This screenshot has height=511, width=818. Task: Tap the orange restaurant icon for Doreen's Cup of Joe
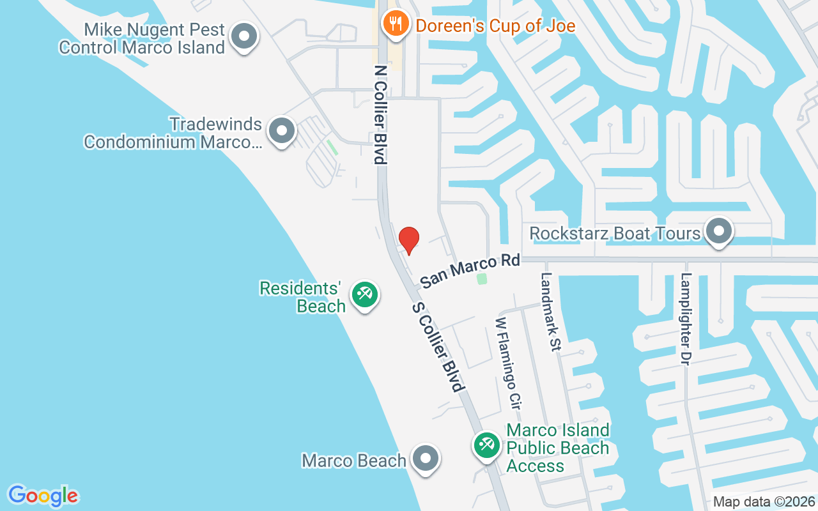tap(396, 25)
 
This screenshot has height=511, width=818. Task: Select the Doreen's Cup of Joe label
tap(495, 26)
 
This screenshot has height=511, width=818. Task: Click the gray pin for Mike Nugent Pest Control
tap(243, 37)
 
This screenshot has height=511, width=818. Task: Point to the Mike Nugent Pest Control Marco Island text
tap(142, 38)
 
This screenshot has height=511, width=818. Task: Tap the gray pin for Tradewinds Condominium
tap(281, 131)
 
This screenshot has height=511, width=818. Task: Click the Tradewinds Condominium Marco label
tap(173, 133)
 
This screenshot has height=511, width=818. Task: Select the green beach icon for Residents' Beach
tap(365, 295)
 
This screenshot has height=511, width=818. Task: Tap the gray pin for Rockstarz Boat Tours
tap(719, 232)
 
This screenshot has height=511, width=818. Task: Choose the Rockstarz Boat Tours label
tap(615, 233)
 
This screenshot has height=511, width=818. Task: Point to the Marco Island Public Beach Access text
tap(558, 448)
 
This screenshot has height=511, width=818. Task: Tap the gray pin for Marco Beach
tap(425, 459)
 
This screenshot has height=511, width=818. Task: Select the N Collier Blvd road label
tap(381, 114)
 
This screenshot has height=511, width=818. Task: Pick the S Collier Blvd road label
tap(438, 347)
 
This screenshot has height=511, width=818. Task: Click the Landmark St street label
tap(550, 312)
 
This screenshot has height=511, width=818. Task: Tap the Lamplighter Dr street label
tap(686, 319)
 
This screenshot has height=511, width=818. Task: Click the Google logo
tap(43, 496)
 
